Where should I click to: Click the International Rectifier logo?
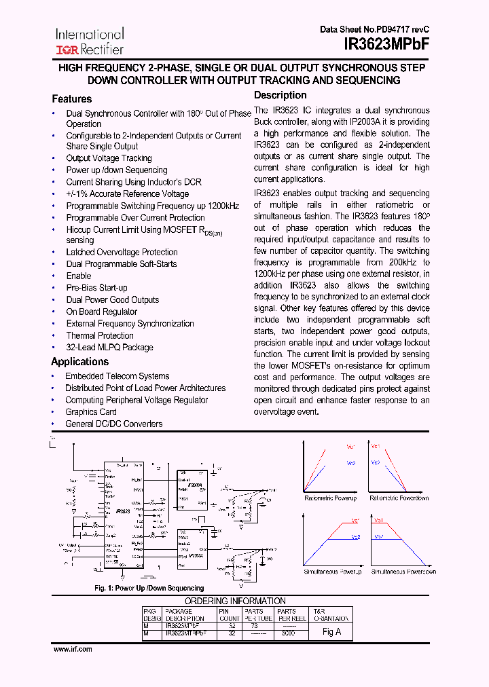point(90,41)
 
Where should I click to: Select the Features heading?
point(72,99)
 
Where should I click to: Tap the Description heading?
point(280,96)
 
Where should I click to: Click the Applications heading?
point(80,362)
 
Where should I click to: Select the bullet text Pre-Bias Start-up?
point(96,288)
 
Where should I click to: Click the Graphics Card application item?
point(91,412)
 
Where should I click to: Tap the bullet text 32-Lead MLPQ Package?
point(109,348)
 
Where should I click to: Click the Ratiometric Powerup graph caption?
point(331,498)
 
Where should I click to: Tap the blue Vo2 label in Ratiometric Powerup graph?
point(351,464)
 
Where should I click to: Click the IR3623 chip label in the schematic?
point(123,510)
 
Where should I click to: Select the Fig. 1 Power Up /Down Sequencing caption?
point(149,588)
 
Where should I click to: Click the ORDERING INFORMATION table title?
point(235,601)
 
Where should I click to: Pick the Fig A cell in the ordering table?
point(331,631)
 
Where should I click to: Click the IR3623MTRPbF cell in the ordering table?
point(185,632)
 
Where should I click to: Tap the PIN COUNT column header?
point(228,614)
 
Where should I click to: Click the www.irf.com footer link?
point(73,649)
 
